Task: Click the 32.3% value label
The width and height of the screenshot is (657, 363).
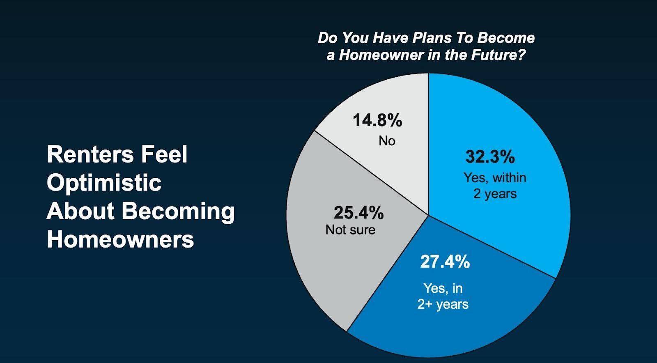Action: click(x=490, y=156)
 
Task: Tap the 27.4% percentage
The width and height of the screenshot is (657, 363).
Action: click(x=445, y=262)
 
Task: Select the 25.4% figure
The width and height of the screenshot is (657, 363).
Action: click(x=359, y=213)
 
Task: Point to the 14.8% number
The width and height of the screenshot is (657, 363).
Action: click(x=377, y=120)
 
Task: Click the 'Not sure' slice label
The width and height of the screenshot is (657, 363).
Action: click(x=350, y=230)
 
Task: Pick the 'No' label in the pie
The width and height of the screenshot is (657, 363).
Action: click(x=387, y=141)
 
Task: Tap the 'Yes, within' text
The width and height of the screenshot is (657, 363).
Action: click(x=495, y=178)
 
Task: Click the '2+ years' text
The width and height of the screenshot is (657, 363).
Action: click(x=443, y=305)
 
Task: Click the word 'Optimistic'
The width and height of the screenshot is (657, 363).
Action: click(x=104, y=183)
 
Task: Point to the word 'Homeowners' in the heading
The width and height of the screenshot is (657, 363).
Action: click(x=120, y=239)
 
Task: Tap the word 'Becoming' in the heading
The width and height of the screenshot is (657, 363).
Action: click(x=178, y=212)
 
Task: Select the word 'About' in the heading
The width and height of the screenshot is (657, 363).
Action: click(x=80, y=211)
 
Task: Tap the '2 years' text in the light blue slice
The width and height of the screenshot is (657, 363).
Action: click(x=495, y=194)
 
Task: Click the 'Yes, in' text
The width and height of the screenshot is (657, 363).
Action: click(x=443, y=289)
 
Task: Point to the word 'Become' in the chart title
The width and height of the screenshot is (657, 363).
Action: click(x=506, y=38)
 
